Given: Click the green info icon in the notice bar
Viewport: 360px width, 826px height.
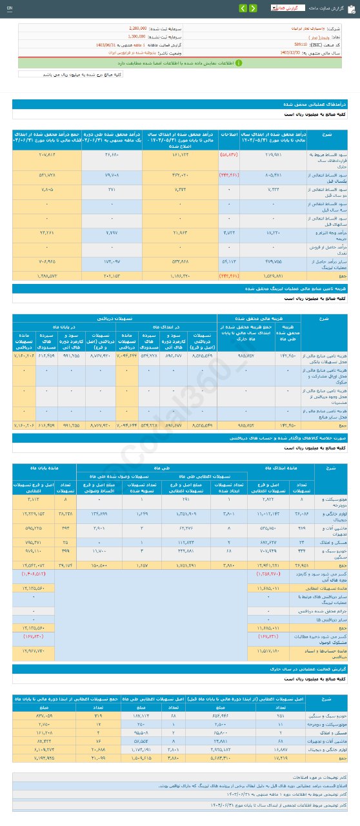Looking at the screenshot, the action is [x=239, y=63].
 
